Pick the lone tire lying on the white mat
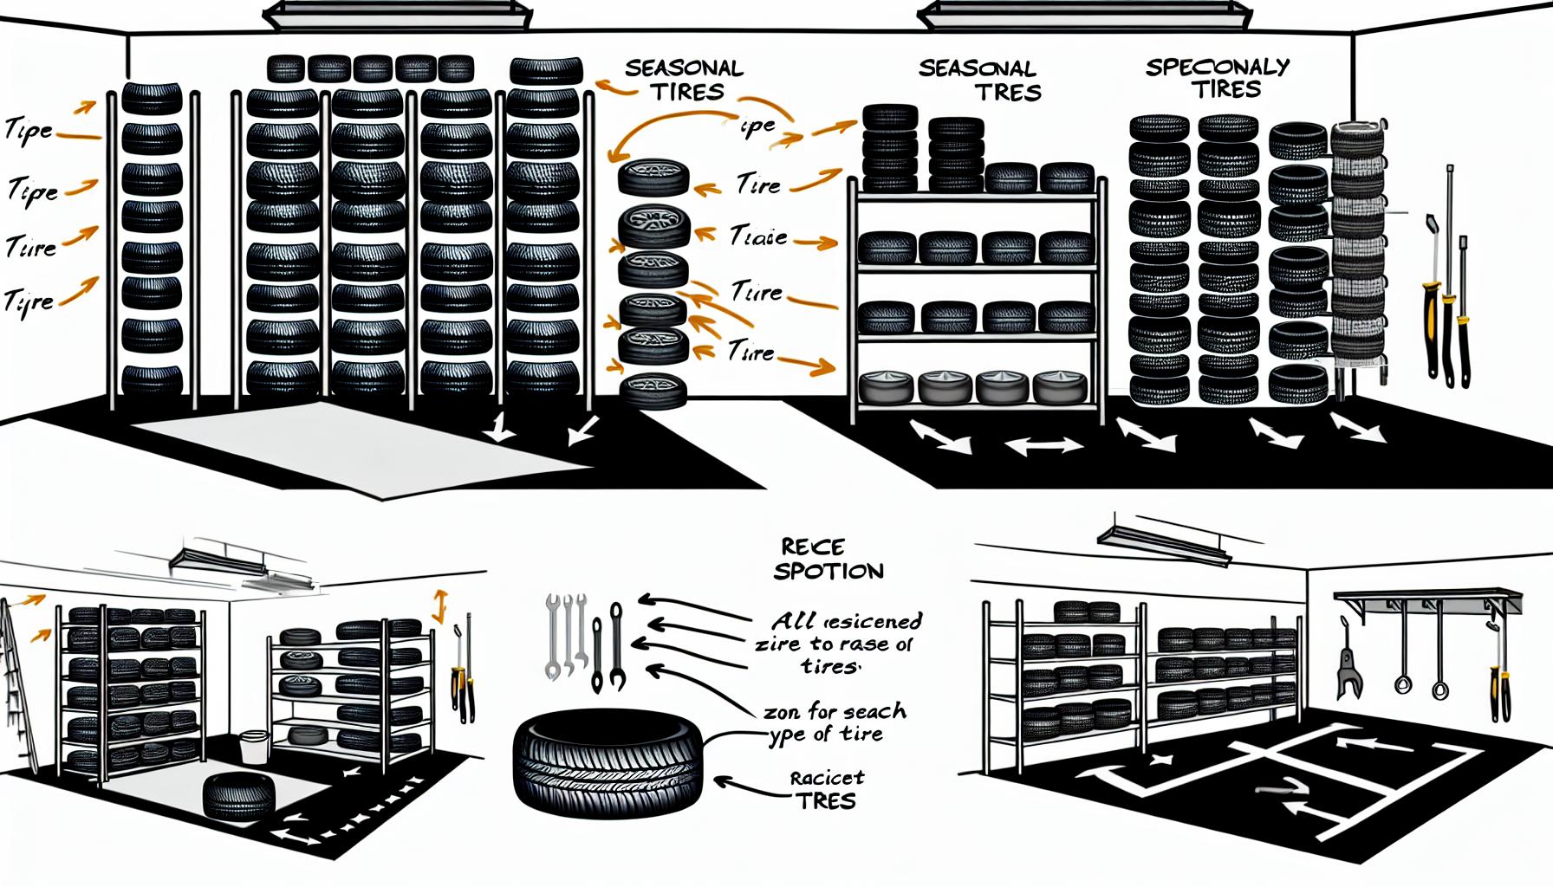point(238,794)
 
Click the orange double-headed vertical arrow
point(439,606)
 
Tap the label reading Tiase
point(758,236)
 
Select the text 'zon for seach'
point(835,712)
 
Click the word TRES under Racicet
point(826,801)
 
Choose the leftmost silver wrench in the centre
point(552,636)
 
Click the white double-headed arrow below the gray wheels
point(1044,446)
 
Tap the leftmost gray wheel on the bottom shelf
point(886,387)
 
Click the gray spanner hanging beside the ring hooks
point(1348,667)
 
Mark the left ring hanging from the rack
point(1402,684)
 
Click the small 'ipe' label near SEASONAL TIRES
point(758,126)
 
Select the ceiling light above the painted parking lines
point(1163,539)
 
